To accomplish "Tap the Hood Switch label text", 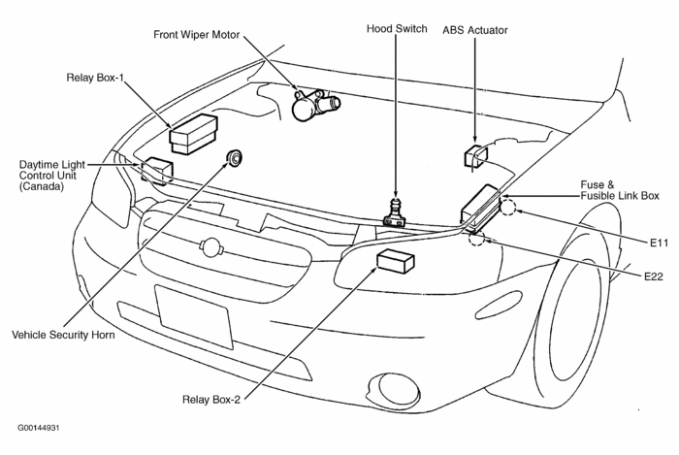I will (x=397, y=29).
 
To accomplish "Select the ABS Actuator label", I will (x=475, y=30).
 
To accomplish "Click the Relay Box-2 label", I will (x=213, y=398).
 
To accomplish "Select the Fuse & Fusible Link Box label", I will (x=620, y=189).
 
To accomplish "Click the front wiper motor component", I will (x=312, y=104).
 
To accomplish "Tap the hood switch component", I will (x=394, y=212).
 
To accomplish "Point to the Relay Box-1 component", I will (x=194, y=134).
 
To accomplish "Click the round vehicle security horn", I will (x=234, y=158).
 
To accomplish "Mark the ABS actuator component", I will (x=476, y=155).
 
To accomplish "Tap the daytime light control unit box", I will (x=156, y=171).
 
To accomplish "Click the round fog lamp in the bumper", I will (x=398, y=388).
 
